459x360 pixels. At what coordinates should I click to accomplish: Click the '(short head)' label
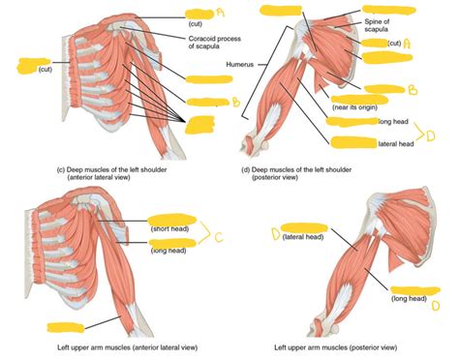168,229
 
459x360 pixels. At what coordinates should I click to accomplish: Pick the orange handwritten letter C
219,237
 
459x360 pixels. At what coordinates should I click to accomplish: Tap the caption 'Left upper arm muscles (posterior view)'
334,345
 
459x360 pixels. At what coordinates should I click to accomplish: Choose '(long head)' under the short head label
168,250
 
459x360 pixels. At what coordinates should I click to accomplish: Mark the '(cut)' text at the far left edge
46,70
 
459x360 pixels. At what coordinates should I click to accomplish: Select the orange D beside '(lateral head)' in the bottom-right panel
276,232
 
